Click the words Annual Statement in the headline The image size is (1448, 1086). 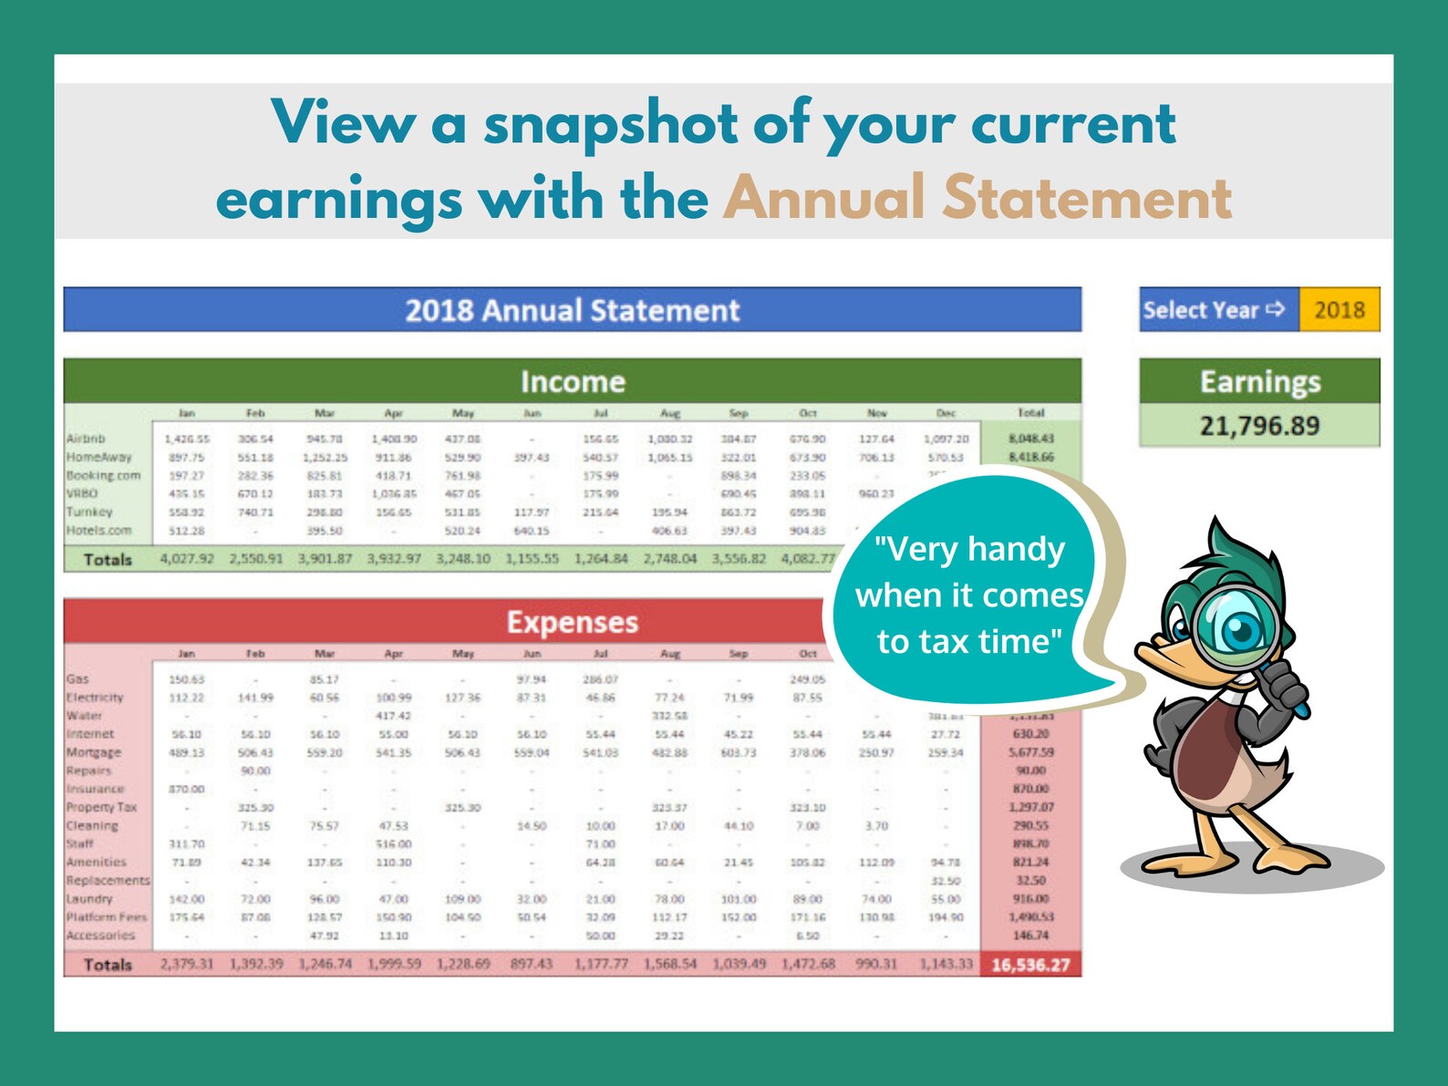coord(977,199)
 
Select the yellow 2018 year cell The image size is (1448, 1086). coord(1339,310)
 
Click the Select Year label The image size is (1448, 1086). coord(1213,310)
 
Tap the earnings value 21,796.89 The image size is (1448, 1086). coord(1259,426)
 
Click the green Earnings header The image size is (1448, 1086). coord(1259,381)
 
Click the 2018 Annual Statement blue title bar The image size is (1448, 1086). coord(572,310)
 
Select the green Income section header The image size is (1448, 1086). coord(572,381)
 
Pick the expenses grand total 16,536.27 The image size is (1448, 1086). coord(1030,965)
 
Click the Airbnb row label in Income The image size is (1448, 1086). coord(86,439)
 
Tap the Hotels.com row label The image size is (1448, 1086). coord(98,530)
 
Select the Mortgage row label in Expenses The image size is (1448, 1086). coord(93,752)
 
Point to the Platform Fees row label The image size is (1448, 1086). coord(106,916)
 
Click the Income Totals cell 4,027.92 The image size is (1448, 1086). coord(186,558)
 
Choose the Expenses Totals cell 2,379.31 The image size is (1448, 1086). coord(186,964)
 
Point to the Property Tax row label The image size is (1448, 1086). coord(101,807)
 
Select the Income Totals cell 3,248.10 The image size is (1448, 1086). coord(462,558)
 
